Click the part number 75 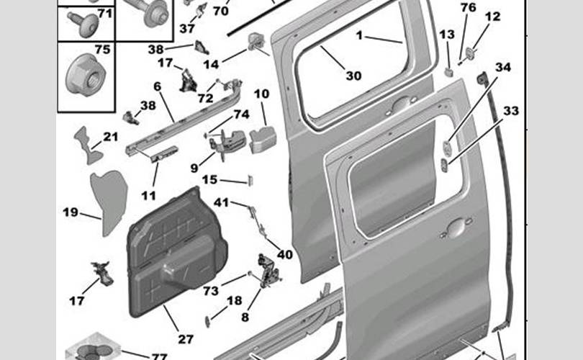tap(103, 50)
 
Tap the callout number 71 tap(104, 13)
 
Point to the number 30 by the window tap(353, 76)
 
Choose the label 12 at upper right tap(492, 17)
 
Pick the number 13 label tap(447, 34)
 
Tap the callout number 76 tap(469, 7)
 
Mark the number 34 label tap(503, 68)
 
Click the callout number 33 tap(510, 111)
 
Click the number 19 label tap(71, 212)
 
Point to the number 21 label tap(110, 137)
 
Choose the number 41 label tap(220, 203)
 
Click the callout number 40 tap(285, 254)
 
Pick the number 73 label tap(210, 291)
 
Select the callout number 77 tap(159, 356)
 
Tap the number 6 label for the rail tap(157, 86)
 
